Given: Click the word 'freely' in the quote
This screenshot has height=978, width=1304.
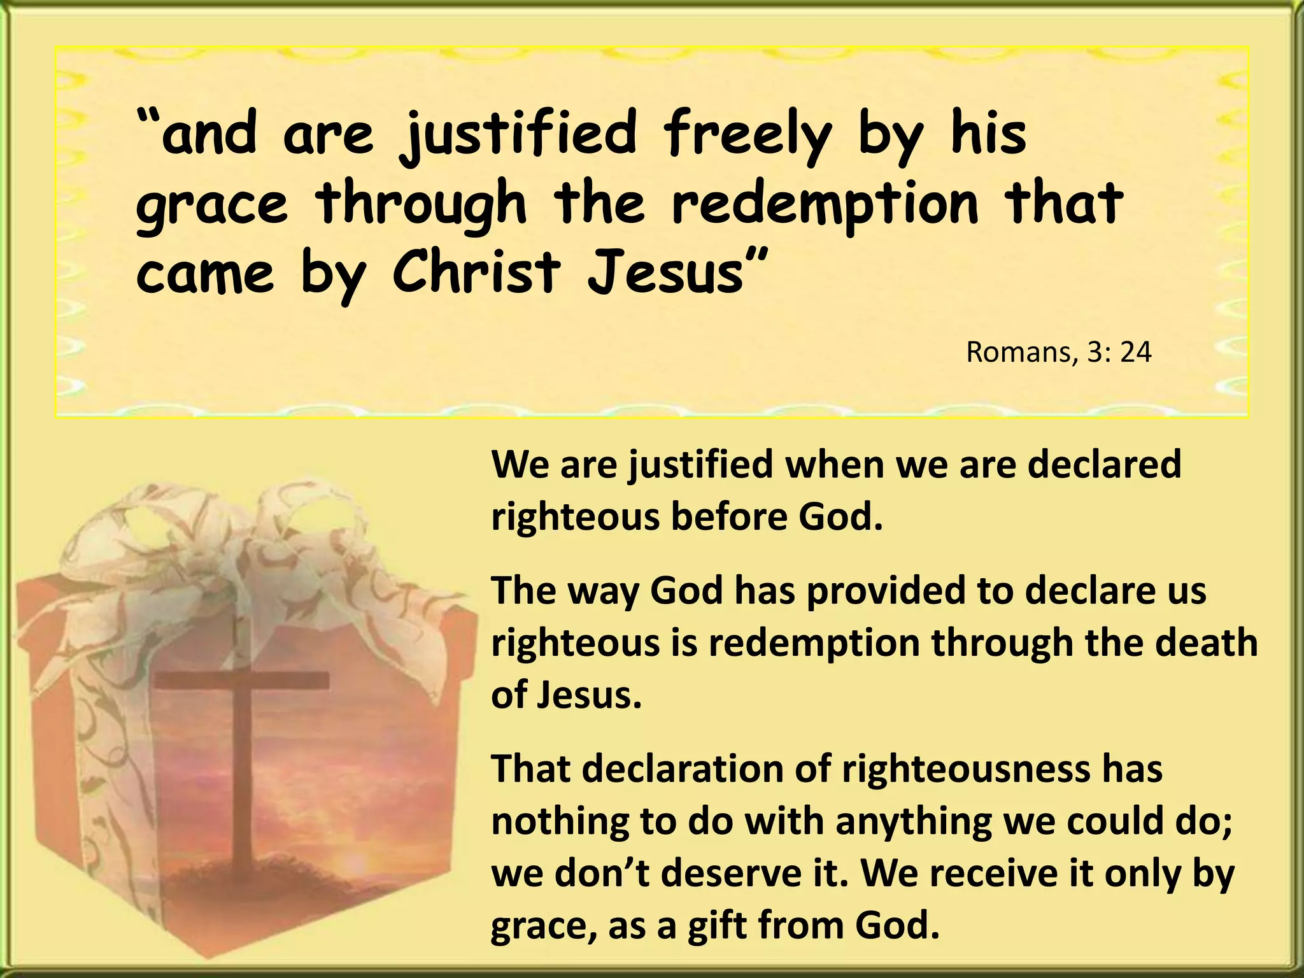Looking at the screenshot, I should tap(746, 135).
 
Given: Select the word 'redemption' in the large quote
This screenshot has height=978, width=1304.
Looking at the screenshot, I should tap(825, 205).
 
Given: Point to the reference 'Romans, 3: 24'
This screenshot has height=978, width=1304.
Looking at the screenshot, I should tap(1058, 352).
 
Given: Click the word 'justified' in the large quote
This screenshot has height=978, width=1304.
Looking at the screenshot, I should tap(518, 135).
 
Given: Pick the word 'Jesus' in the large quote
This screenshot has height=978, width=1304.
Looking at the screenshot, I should tap(665, 273).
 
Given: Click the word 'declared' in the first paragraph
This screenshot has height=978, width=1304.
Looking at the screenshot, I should tap(1104, 464).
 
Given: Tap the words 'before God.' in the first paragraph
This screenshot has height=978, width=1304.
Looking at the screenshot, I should tap(777, 516).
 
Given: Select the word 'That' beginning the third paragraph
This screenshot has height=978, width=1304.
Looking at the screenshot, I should tap(530, 769).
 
